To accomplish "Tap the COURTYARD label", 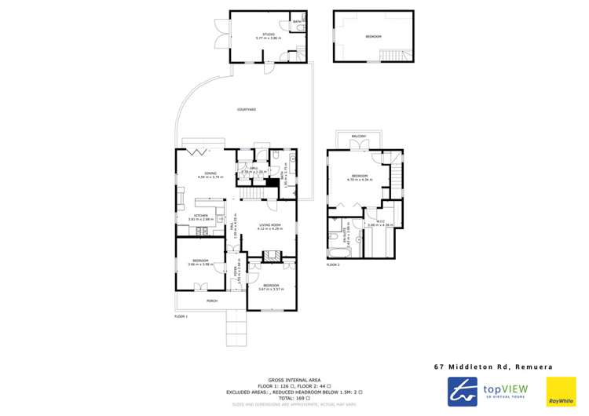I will (247, 110).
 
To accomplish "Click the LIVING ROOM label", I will (270, 225).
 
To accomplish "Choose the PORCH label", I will (211, 301).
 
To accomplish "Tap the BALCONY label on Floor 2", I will (359, 136).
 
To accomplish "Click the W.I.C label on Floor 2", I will (381, 221).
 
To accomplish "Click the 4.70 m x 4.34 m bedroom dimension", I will (360, 180).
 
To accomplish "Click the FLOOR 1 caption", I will (181, 316).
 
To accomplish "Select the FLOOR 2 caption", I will (333, 265).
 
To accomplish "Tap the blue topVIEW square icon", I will (463, 391).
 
